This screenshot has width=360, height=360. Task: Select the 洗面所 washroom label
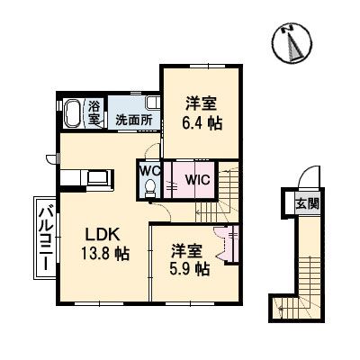pyautogui.click(x=131, y=119)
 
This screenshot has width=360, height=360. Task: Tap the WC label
pyautogui.click(x=149, y=169)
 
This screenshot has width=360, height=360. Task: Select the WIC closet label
pyautogui.click(x=197, y=178)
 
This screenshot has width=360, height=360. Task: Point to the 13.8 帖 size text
pyautogui.click(x=94, y=254)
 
